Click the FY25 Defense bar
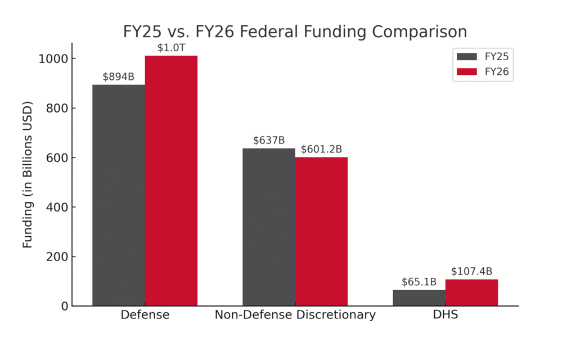[119, 195]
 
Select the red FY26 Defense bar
[171, 181]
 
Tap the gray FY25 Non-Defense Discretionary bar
[269, 227]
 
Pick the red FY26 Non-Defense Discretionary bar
[321, 232]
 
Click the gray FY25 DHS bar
[419, 298]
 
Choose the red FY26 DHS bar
[471, 292]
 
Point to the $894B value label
[119, 77]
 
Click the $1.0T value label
[171, 48]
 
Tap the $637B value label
[269, 141]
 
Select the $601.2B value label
[321, 150]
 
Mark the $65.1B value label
[419, 282]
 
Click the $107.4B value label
[471, 272]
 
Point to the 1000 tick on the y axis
[53, 59]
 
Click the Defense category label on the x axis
[145, 315]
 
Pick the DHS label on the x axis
[445, 315]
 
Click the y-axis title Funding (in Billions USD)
[28, 174]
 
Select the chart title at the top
[295, 31]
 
